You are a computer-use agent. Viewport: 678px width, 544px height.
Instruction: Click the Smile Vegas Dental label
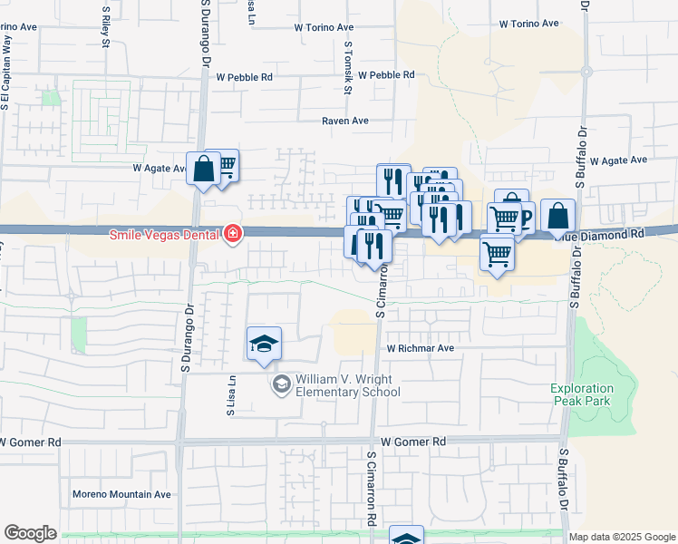pyautogui.click(x=165, y=234)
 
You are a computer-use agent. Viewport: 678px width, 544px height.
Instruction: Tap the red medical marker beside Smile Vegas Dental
pyautogui.click(x=233, y=234)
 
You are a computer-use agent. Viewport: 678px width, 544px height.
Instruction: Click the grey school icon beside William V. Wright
pyautogui.click(x=282, y=385)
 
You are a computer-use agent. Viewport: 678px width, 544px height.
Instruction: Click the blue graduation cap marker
pyautogui.click(x=264, y=344)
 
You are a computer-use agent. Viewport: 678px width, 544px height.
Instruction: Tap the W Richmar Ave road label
pyautogui.click(x=421, y=347)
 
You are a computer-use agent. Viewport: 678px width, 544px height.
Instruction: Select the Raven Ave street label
pyautogui.click(x=346, y=120)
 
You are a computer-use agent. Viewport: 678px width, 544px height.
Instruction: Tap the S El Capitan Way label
pyautogui.click(x=6, y=73)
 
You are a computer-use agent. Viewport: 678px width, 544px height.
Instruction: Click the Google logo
pyautogui.click(x=30, y=533)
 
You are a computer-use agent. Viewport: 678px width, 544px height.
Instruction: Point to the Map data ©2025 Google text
pyautogui.click(x=622, y=537)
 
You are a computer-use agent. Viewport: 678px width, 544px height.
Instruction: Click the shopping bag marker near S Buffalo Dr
pyautogui.click(x=558, y=216)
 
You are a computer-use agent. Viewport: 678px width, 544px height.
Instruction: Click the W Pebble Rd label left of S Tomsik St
pyautogui.click(x=245, y=77)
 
